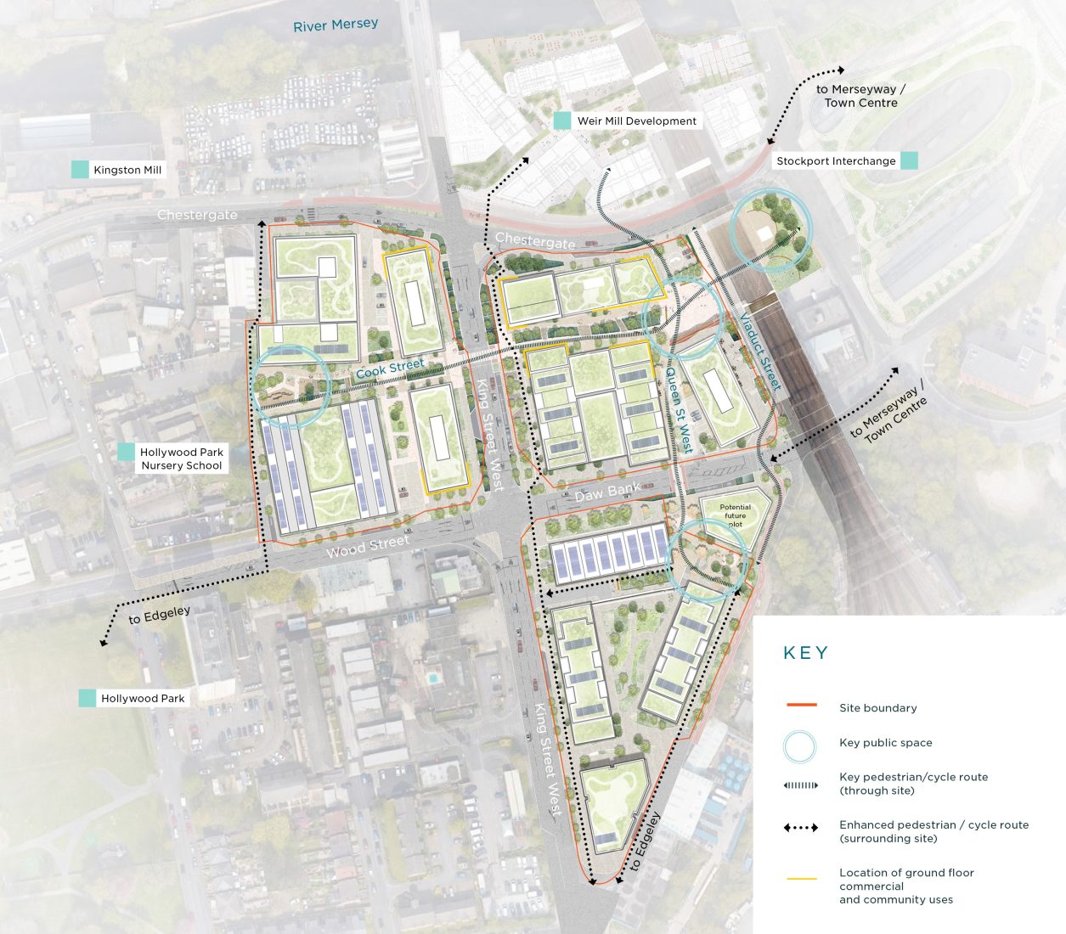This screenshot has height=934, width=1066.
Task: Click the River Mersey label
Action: click(336, 25)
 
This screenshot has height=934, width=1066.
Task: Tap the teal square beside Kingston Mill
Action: click(80, 170)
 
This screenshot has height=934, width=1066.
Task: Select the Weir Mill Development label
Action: click(636, 121)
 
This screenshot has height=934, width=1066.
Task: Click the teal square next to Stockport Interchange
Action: click(909, 160)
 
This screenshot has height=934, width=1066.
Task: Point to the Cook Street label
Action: click(390, 369)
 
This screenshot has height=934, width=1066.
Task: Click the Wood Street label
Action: click(368, 547)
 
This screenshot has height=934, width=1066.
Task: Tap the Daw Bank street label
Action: click(607, 492)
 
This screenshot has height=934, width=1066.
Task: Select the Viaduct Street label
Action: click(759, 352)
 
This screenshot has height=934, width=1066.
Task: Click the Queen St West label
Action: click(679, 410)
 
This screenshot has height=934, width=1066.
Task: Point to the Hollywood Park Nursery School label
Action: click(182, 459)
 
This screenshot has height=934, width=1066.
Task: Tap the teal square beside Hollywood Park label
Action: click(87, 698)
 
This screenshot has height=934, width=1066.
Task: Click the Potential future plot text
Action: click(735, 515)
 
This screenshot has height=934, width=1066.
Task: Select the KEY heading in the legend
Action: click(805, 653)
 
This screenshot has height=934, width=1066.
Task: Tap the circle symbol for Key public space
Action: click(800, 746)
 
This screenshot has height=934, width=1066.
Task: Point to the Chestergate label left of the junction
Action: click(197, 216)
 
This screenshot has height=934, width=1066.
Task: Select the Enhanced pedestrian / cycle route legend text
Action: click(933, 831)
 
